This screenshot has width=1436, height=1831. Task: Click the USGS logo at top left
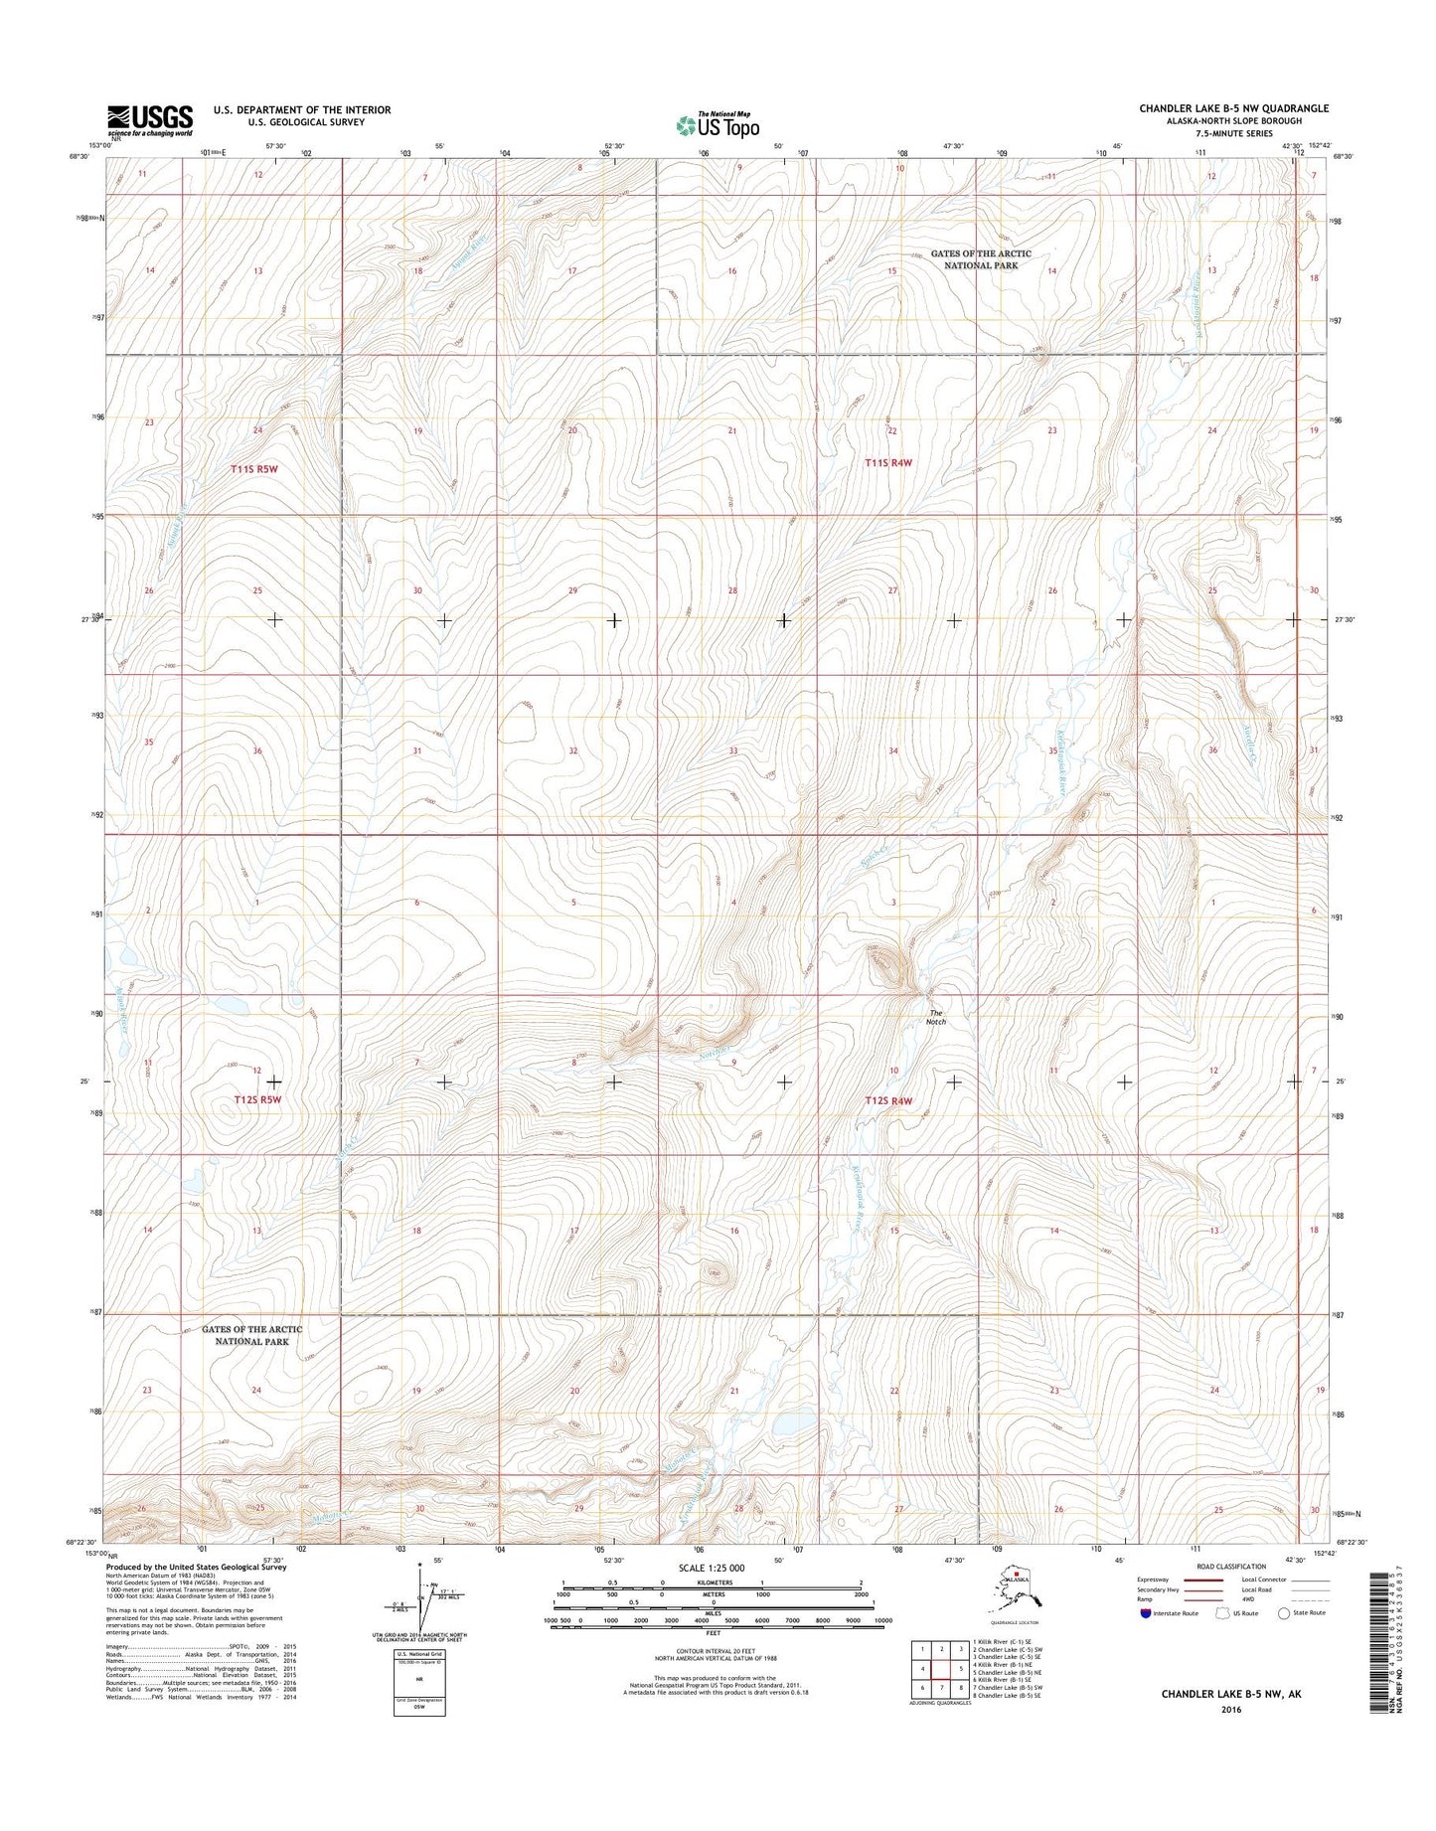pyautogui.click(x=150, y=120)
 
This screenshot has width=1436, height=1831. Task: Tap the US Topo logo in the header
pyautogui.click(x=718, y=125)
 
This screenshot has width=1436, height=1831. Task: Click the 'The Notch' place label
pyautogui.click(x=936, y=1017)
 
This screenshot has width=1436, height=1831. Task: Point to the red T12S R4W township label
pyautogui.click(x=888, y=1100)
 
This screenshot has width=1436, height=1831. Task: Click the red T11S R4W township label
pyautogui.click(x=888, y=462)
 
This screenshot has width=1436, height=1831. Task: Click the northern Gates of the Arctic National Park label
pyautogui.click(x=981, y=259)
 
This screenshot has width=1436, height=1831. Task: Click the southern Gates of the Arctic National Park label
pyautogui.click(x=252, y=1335)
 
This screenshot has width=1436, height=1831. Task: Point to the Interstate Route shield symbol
pyautogui.click(x=1147, y=1613)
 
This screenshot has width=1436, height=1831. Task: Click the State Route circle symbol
pyautogui.click(x=1284, y=1613)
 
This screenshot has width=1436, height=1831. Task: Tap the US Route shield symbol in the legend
pyautogui.click(x=1221, y=1613)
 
